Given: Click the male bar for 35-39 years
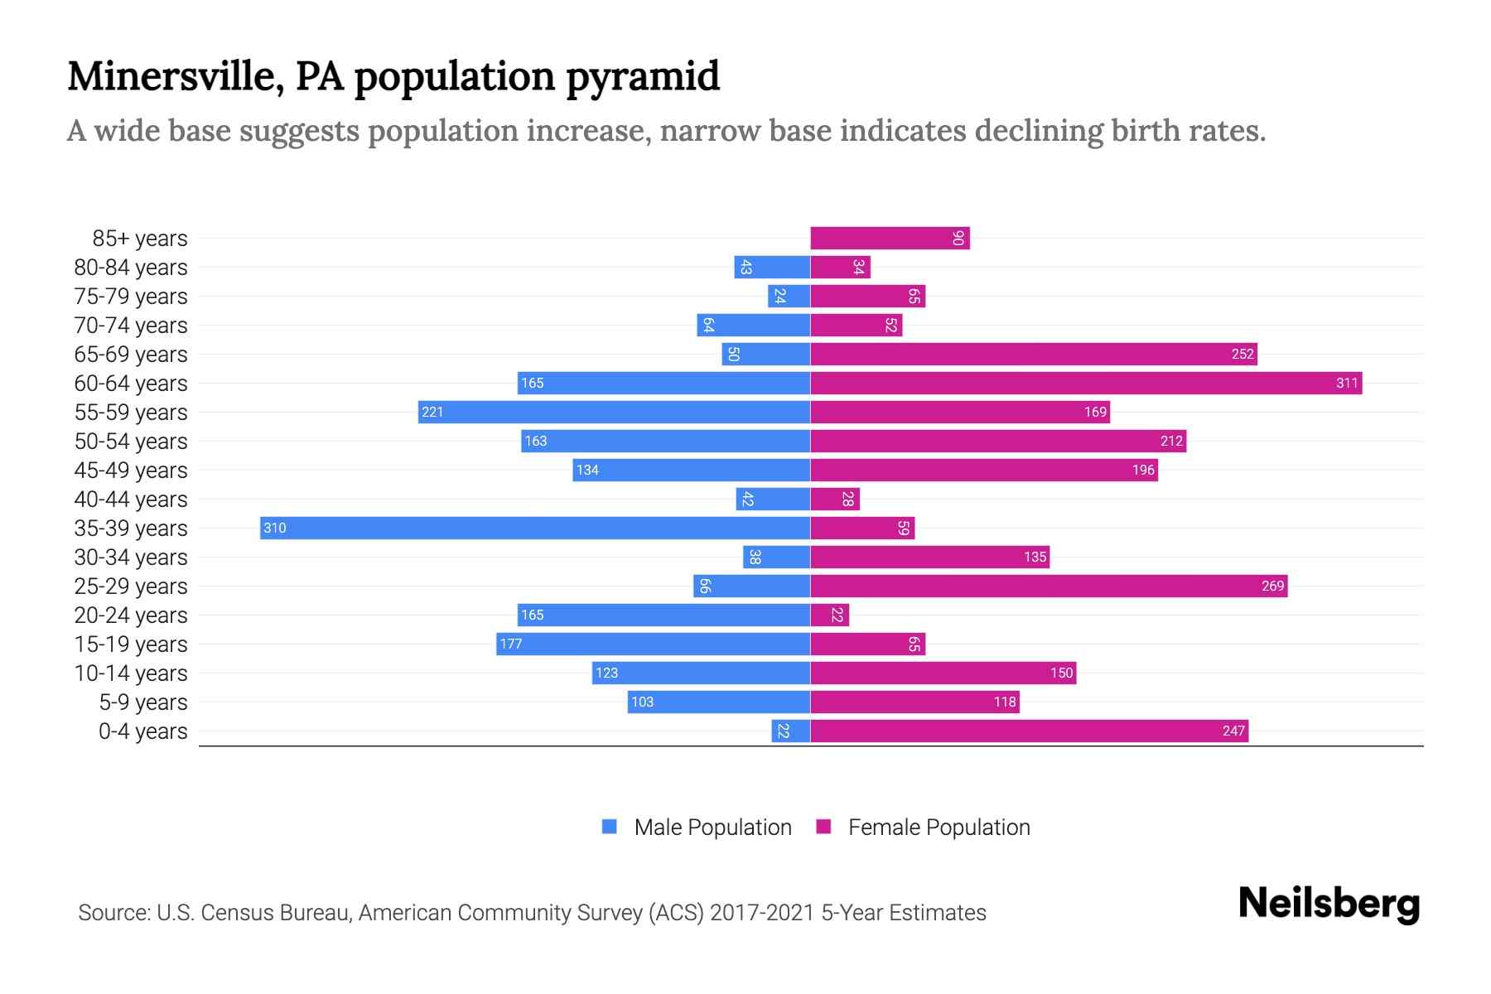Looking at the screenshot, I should click(535, 528).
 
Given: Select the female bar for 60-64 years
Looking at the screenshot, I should click(1086, 384).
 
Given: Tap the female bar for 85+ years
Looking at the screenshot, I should click(890, 239).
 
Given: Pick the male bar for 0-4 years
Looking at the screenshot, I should click(791, 731).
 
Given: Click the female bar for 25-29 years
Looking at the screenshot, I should click(1049, 586).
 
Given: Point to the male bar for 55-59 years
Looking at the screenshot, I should click(614, 413).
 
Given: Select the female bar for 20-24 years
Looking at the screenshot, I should click(830, 615).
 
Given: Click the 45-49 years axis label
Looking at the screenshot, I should click(131, 470).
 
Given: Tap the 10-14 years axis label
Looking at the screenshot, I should click(131, 673).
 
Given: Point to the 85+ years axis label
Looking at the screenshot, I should click(140, 239).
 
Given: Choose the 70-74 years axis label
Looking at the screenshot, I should click(131, 326).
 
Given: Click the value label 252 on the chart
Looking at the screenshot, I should click(1242, 355).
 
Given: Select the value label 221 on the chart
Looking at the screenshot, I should click(432, 413).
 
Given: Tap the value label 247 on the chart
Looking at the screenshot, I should click(1233, 731).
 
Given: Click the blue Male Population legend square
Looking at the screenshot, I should click(610, 827).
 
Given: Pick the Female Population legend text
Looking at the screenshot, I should click(939, 828).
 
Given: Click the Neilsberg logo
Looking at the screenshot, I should click(1329, 904).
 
